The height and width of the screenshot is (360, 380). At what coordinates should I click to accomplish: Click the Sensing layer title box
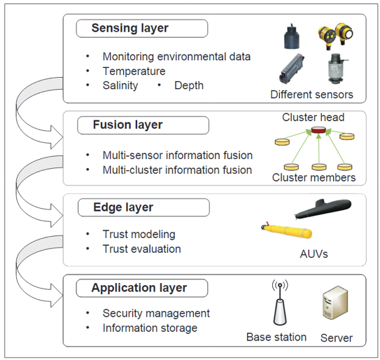click(x=142, y=29)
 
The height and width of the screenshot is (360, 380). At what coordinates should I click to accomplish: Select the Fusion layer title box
click(x=143, y=125)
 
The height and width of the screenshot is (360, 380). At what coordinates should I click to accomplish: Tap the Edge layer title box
click(x=143, y=207)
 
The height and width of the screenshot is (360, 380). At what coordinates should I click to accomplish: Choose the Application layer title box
click(x=142, y=288)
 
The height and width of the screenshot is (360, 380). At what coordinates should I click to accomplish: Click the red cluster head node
click(x=318, y=130)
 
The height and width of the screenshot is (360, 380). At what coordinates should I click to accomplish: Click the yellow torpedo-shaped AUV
click(x=287, y=230)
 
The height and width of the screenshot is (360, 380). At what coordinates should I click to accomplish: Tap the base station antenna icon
click(x=280, y=303)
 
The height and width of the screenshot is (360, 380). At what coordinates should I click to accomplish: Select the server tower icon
click(x=335, y=303)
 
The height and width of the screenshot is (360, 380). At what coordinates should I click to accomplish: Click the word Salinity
click(x=120, y=85)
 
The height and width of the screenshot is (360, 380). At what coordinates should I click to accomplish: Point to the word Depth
click(x=189, y=85)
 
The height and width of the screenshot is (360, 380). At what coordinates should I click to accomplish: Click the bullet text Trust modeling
click(x=139, y=235)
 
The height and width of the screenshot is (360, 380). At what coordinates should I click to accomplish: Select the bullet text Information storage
click(x=150, y=328)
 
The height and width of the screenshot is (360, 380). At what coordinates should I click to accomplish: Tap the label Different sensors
click(x=311, y=95)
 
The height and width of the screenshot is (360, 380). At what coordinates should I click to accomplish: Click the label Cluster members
click(x=314, y=177)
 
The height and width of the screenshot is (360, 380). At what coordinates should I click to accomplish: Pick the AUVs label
click(x=314, y=254)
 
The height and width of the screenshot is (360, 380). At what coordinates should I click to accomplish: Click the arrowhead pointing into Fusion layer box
click(x=57, y=137)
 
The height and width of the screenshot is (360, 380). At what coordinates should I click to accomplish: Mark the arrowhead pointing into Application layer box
click(x=57, y=296)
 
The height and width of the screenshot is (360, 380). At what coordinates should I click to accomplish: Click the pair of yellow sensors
click(x=336, y=36)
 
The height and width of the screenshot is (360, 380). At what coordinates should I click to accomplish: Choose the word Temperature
click(x=134, y=71)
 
